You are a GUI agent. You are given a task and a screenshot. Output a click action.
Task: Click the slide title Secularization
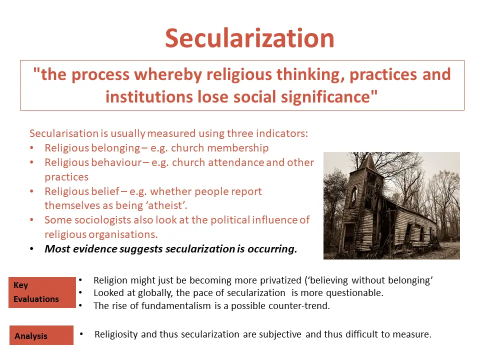click(249, 38)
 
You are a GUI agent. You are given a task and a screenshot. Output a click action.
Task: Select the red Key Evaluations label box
click(42, 292)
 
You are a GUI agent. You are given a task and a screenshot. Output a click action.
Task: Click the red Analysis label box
click(41, 335)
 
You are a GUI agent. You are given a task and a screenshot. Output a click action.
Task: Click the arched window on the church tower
click(354, 196)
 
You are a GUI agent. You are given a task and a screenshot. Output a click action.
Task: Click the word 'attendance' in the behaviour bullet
click(235, 162)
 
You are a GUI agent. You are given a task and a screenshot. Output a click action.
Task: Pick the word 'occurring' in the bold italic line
click(272, 249)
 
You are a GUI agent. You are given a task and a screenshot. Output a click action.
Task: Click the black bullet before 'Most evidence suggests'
click(31, 249)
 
